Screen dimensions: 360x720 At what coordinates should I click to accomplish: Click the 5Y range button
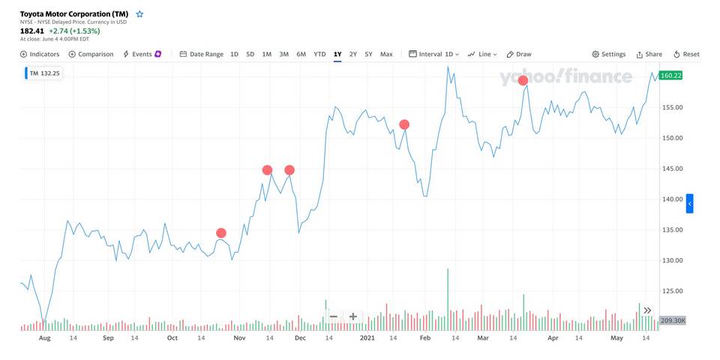368,54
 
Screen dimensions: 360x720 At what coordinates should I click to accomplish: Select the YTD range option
319,54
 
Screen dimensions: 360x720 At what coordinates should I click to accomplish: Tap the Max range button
386,54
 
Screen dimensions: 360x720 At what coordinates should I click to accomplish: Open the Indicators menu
40,54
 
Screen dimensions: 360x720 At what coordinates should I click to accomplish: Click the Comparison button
91,54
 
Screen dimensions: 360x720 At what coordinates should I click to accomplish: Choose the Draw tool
519,54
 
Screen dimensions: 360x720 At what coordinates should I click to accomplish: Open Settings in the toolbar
608,54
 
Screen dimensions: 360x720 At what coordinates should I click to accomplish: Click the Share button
649,54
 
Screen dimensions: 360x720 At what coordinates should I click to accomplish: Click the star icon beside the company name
139,13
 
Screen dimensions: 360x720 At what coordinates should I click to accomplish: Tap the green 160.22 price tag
671,76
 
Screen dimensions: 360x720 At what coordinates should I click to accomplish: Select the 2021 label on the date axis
367,338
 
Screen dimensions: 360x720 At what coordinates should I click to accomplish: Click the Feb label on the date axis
424,338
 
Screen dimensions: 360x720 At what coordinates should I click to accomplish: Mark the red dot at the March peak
523,80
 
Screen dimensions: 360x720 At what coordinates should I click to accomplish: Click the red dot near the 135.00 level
220,232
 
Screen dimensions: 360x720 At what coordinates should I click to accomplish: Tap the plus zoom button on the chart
353,316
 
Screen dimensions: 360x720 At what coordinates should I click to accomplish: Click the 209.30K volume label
671,321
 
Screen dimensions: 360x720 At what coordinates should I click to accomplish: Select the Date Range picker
202,54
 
